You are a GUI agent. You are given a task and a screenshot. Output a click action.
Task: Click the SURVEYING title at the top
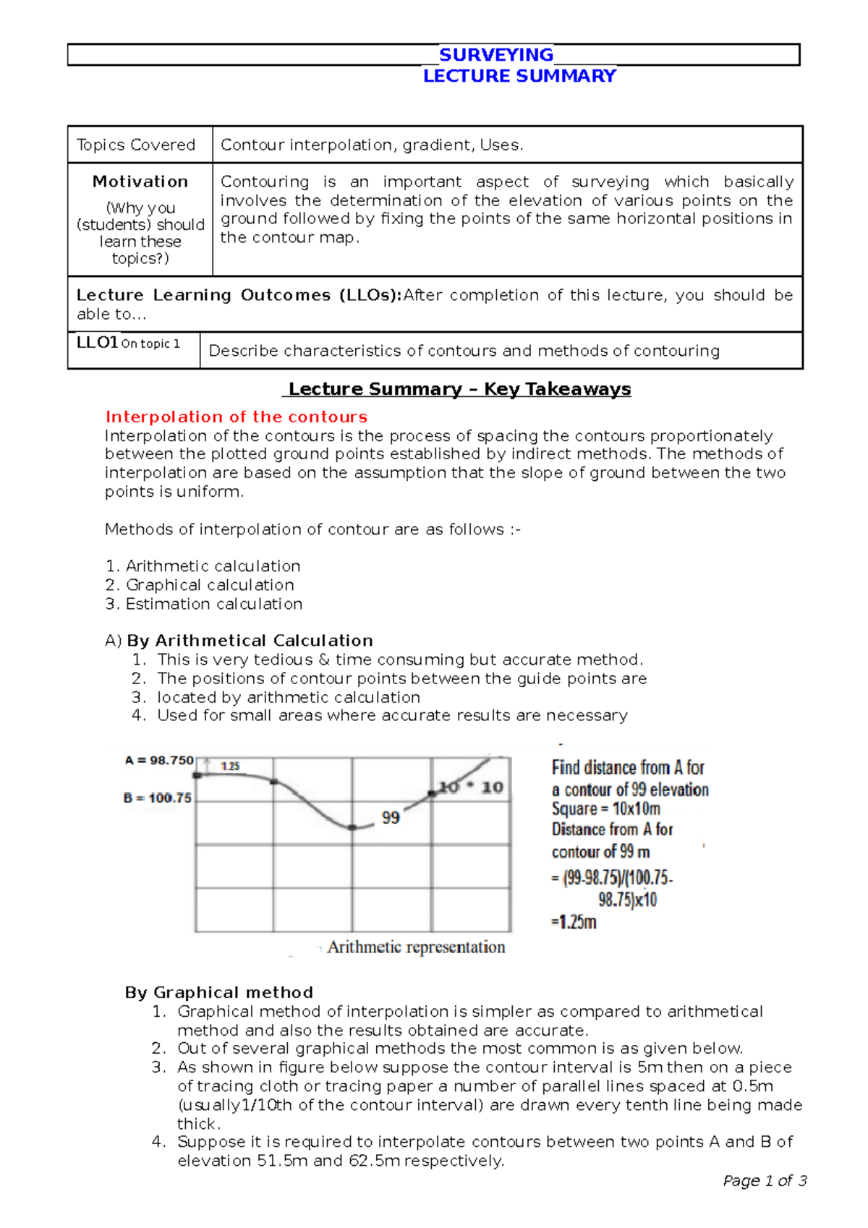pos(496,55)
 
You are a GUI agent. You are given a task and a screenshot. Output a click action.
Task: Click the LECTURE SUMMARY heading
pos(519,76)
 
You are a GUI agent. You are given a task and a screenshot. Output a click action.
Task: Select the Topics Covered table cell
pos(136,145)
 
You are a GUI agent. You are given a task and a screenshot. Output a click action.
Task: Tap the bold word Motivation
pos(140,182)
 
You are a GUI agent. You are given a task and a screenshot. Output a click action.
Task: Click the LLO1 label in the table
pos(97,342)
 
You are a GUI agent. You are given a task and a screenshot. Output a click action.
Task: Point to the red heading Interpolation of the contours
pos(237,417)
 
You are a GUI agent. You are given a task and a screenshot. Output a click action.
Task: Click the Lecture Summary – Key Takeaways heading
pos(459,389)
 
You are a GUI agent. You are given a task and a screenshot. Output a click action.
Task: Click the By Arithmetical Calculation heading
pos(250,641)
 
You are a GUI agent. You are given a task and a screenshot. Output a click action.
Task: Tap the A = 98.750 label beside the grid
pos(159,760)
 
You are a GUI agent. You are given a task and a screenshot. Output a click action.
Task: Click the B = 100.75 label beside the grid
pos(158,798)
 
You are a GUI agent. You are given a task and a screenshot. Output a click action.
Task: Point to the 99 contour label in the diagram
pos(391,817)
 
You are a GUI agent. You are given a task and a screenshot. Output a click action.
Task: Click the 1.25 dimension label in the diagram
pos(230,766)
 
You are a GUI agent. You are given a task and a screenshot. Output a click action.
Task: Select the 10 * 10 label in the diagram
pos(471,787)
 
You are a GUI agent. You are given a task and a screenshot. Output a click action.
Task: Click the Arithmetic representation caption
pos(416,947)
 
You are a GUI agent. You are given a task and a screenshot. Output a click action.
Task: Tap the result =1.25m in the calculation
pos(574,922)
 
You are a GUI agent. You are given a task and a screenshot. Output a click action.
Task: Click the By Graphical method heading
pos(219,992)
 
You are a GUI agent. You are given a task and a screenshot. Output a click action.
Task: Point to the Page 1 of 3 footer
pos(765,1181)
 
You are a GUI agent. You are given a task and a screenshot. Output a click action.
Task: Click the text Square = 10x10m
pos(606,809)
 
